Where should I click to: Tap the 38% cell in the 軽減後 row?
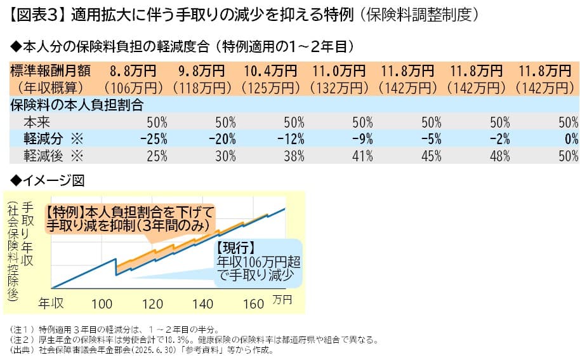coord(293,154)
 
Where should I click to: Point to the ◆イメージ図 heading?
coord(44,180)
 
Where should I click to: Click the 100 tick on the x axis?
coord(102,303)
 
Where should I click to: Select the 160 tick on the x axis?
coord(253,303)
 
